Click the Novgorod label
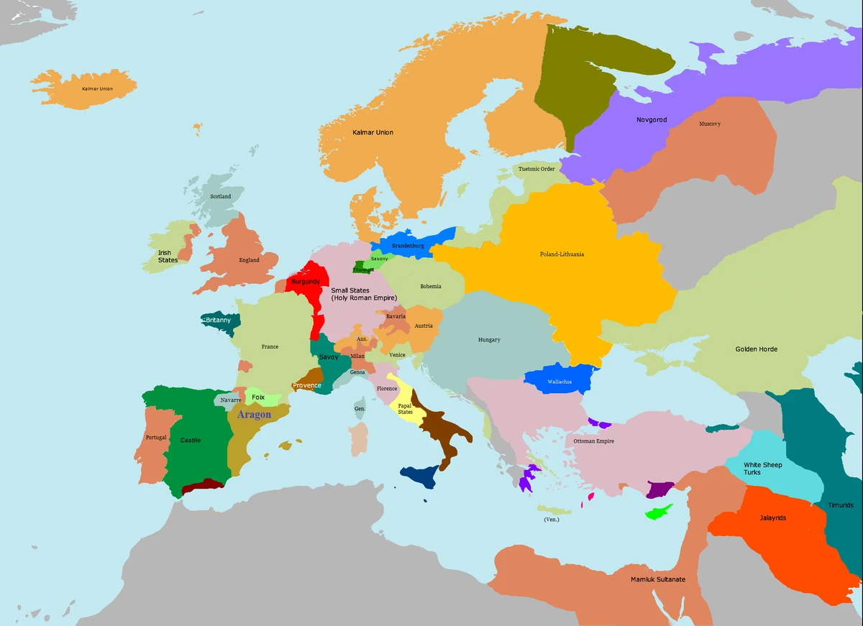652,119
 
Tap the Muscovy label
709,124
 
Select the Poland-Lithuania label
562,254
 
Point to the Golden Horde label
756,349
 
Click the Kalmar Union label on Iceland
97,88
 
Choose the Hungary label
489,340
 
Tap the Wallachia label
560,382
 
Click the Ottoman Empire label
593,441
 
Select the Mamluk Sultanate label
658,579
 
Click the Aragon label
254,415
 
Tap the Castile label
191,440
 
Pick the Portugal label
155,437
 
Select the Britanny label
218,320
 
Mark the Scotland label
220,196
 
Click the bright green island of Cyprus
659,512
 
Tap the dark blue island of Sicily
419,475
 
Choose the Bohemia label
430,286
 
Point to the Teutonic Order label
536,170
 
